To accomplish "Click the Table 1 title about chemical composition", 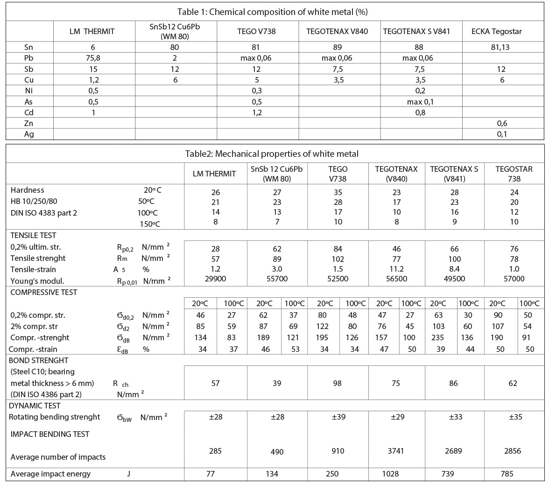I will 275,12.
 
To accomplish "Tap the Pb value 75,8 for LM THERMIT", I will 94,58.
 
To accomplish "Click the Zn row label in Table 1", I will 29,123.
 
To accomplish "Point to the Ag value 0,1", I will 502,134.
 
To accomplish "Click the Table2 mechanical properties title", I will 275,154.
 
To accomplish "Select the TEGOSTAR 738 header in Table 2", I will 514,174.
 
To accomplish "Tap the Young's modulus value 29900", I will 215,279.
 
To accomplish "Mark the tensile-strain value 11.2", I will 396,269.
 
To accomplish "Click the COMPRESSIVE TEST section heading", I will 43,292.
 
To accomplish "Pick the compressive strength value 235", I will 437,337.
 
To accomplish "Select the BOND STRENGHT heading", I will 38,360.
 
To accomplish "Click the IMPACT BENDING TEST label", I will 49,434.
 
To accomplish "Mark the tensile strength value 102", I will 338,259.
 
